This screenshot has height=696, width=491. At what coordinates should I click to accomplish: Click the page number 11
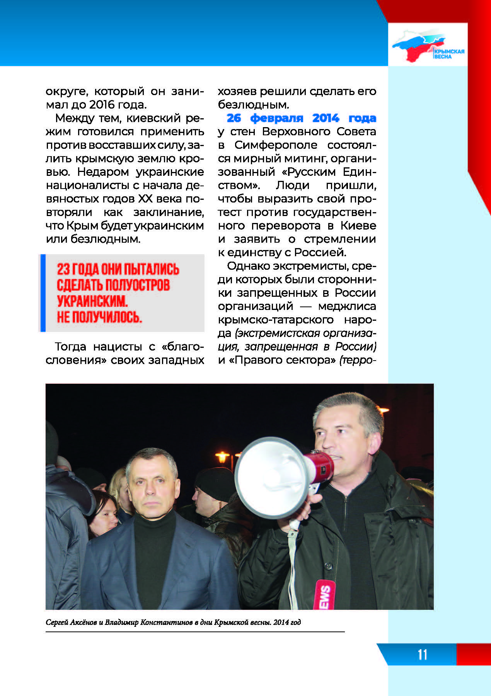422,654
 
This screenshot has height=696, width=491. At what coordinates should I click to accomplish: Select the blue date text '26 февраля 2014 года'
301,117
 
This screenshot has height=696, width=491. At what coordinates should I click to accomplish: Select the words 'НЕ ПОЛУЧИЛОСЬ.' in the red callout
99,317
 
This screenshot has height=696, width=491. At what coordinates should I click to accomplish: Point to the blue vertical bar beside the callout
43,293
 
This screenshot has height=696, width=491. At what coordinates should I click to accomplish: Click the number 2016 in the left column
102,104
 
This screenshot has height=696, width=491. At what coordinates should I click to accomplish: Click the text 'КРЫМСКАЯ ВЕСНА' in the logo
448,54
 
